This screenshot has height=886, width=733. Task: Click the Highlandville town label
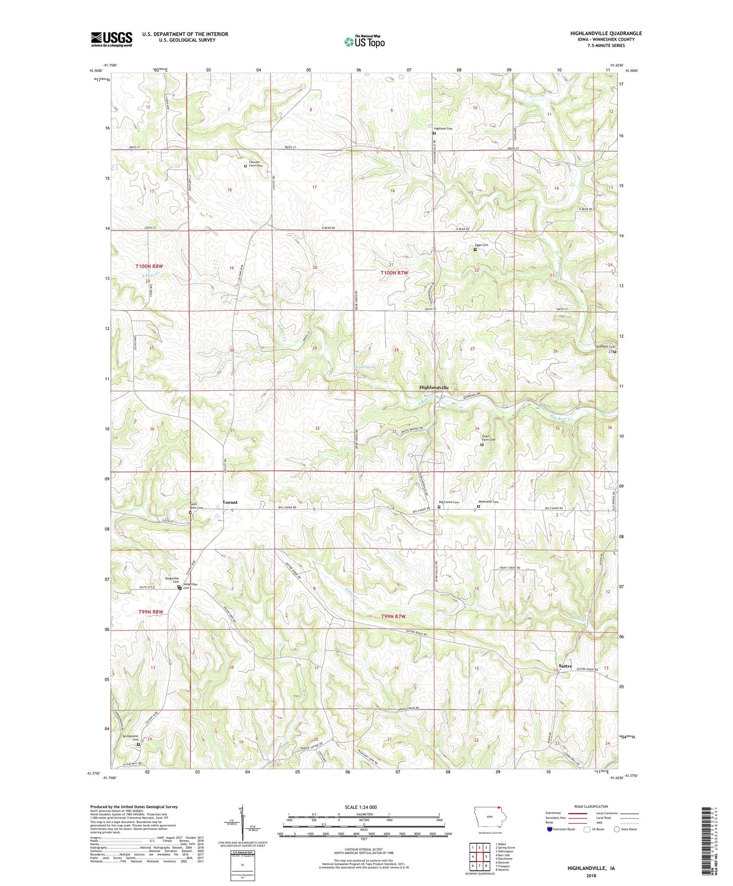point(433,388)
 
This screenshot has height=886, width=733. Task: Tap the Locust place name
point(230,502)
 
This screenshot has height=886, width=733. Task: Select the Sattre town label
point(565,666)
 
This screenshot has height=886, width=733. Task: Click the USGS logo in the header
point(111,39)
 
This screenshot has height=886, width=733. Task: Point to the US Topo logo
point(364,42)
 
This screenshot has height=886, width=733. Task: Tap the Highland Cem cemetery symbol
point(434,133)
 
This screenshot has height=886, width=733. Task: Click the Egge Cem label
point(481,245)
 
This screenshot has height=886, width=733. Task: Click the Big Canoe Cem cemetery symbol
point(439,507)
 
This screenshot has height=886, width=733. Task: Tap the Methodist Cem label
point(488,502)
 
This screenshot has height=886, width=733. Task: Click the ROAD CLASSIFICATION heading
point(591,806)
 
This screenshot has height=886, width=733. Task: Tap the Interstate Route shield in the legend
point(549,829)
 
